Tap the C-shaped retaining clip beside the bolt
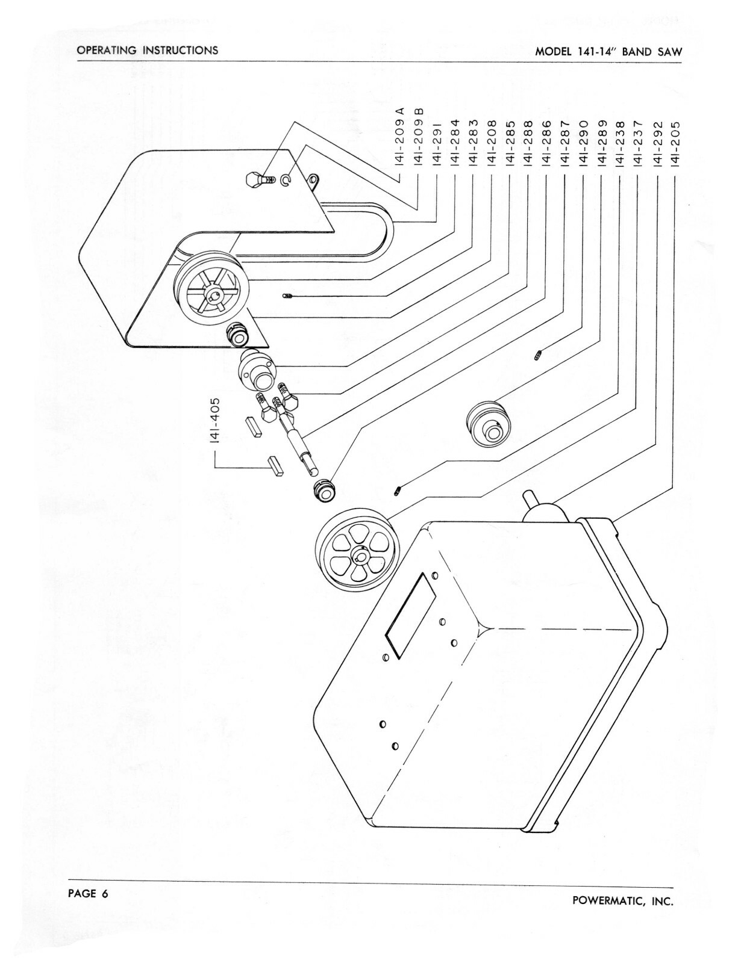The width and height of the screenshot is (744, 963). pyautogui.click(x=287, y=180)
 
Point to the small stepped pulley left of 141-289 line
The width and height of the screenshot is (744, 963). pyautogui.click(x=489, y=425)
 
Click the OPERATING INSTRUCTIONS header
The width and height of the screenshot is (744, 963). pyautogui.click(x=148, y=50)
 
